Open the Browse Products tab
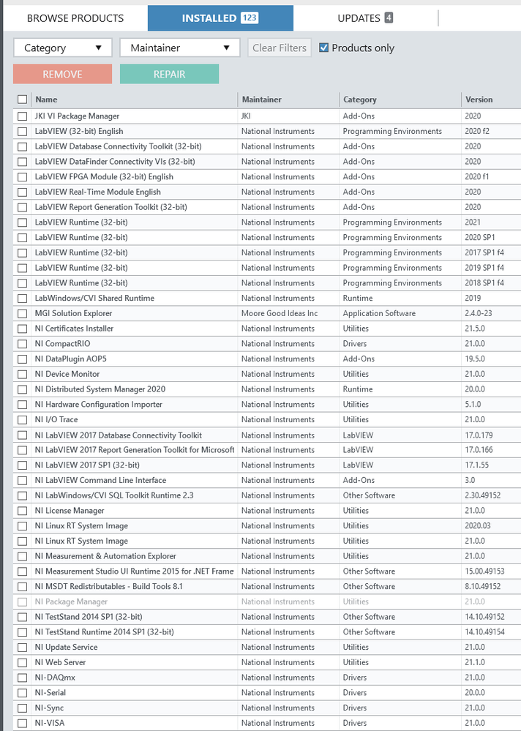point(75,18)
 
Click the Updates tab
point(365,18)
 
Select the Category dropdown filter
point(63,48)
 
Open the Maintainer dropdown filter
point(179,48)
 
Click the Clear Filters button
point(280,48)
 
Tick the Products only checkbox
point(324,48)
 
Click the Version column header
point(479,100)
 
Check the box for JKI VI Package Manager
point(23,116)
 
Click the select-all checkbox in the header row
point(23,100)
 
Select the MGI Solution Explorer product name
point(73,313)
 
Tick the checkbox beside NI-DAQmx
point(23,678)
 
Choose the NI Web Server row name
point(60,662)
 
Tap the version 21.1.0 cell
point(476,662)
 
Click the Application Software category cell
point(379,313)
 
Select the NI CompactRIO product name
point(62,344)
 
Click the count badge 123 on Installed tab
point(250,18)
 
